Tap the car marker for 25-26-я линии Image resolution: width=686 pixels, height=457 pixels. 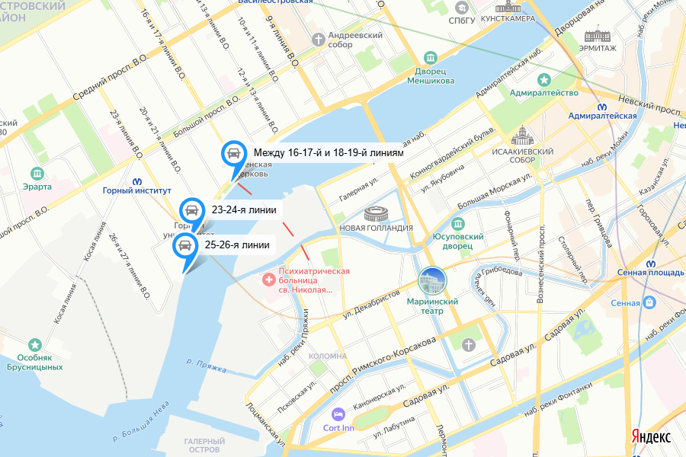pos(184,246)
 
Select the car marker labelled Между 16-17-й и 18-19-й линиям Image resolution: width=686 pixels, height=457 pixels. pos(234,154)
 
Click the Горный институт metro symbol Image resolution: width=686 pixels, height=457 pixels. pos(137,181)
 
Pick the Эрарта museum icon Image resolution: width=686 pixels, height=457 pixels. pos(37,174)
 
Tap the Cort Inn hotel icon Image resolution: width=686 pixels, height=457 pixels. pos(338,414)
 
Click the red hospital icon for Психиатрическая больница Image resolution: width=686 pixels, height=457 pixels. pos(268,280)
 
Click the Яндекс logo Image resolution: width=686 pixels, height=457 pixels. pos(650,436)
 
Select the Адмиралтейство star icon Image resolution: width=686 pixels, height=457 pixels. pos(544,79)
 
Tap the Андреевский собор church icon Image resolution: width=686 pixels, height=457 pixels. pos(318,37)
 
